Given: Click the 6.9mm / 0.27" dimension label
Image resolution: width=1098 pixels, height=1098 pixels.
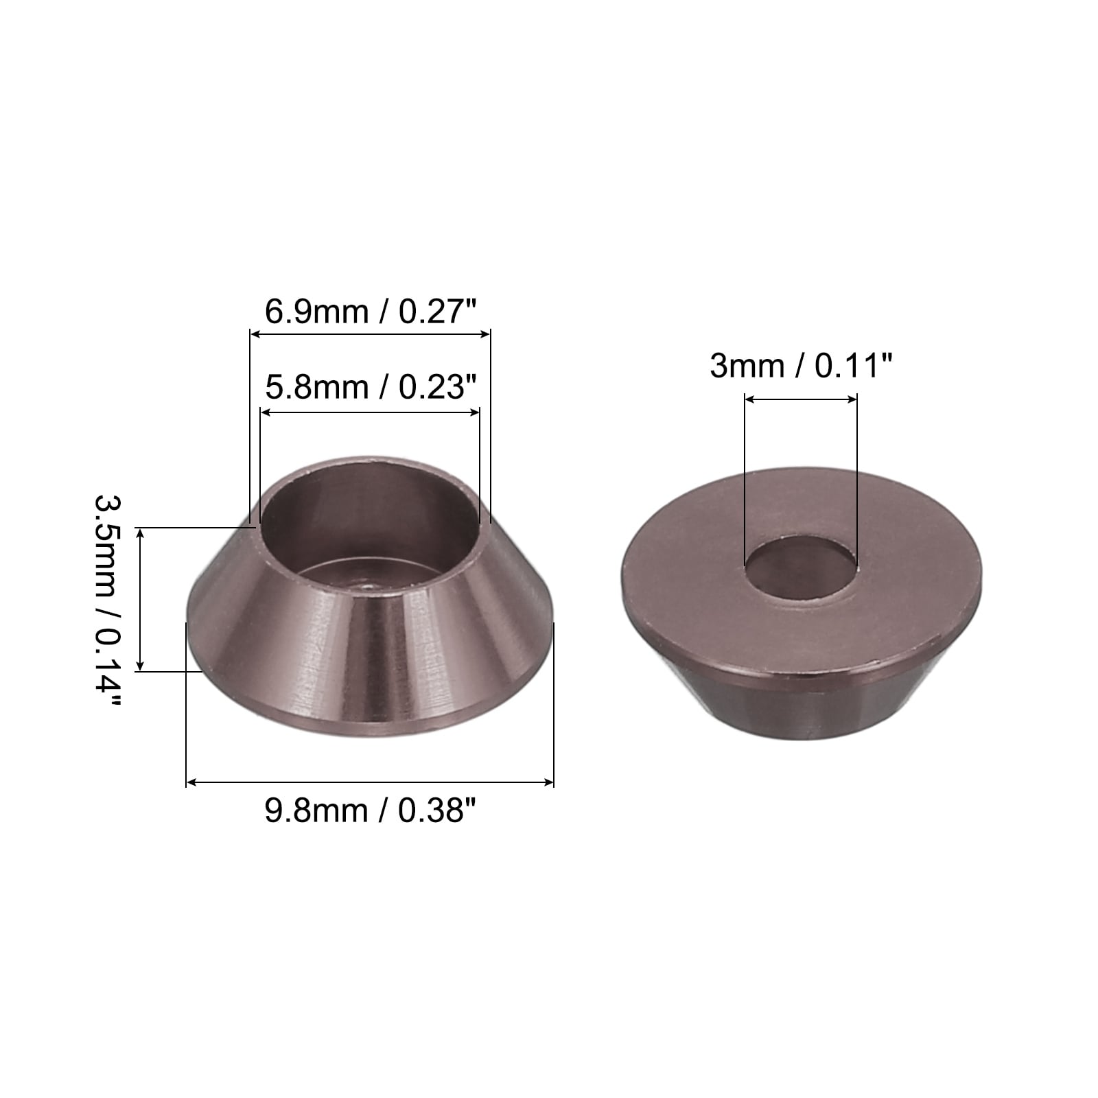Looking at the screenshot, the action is coord(371,313).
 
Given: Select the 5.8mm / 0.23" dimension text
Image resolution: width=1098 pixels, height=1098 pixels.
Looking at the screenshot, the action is coord(371,388).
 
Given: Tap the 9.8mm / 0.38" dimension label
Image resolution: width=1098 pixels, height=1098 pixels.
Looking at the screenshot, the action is coord(371,812).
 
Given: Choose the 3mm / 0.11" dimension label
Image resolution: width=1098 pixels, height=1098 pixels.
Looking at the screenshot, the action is coord(801,366).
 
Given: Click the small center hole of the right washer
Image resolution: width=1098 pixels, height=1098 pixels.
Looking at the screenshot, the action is coord(801,564).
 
